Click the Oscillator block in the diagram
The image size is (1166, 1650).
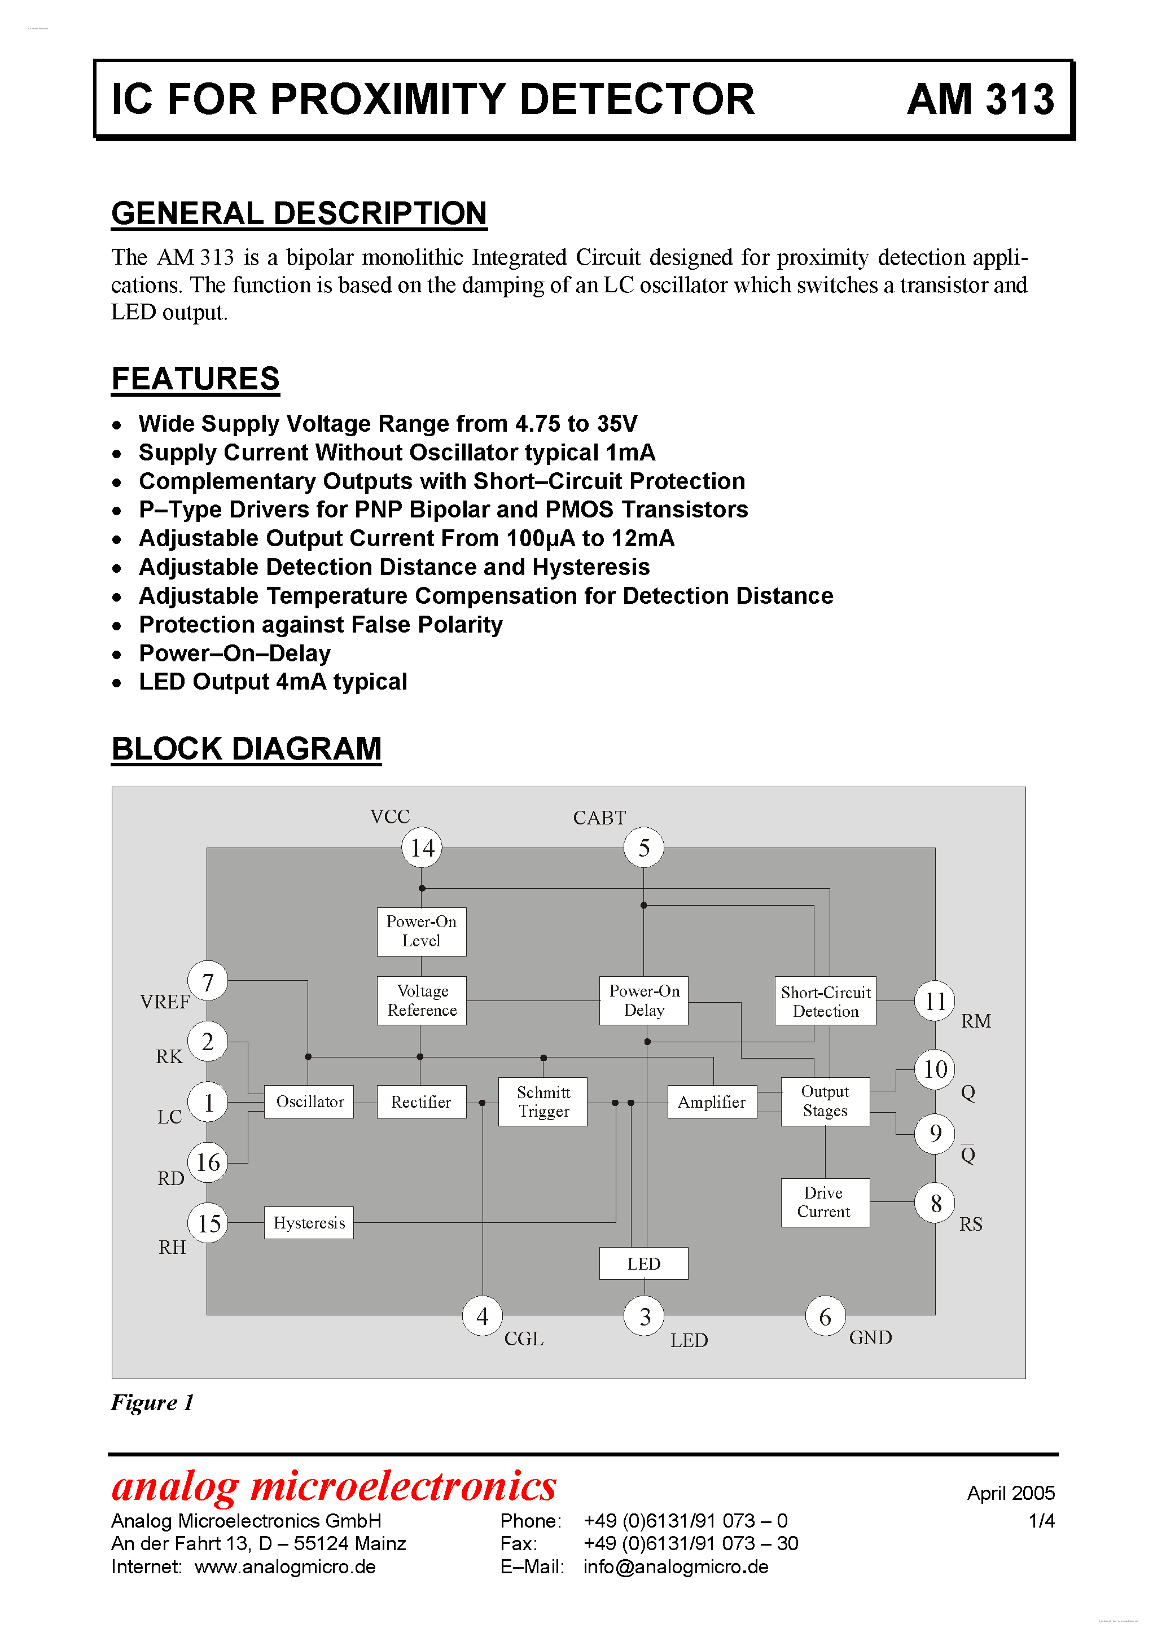pyautogui.click(x=309, y=1102)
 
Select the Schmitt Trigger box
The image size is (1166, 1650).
pyautogui.click(x=543, y=1102)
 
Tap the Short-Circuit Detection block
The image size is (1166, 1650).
pyautogui.click(x=825, y=1001)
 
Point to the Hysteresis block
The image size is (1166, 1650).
pyautogui.click(x=309, y=1222)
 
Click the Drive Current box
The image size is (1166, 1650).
pyautogui.click(x=825, y=1203)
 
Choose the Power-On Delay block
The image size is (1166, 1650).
pyautogui.click(x=643, y=1000)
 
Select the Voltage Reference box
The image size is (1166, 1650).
pyautogui.click(x=422, y=1000)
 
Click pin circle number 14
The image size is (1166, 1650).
pyautogui.click(x=422, y=848)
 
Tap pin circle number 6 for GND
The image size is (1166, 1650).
pyautogui.click(x=825, y=1317)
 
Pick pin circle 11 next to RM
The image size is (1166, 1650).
pyautogui.click(x=935, y=1001)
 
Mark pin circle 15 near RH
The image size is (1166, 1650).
pyautogui.click(x=208, y=1223)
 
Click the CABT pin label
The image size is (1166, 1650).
pyautogui.click(x=599, y=818)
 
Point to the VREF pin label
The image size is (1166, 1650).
pyautogui.click(x=165, y=1002)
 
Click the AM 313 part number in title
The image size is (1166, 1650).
pyautogui.click(x=980, y=99)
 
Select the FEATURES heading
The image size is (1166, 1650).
pyautogui.click(x=195, y=379)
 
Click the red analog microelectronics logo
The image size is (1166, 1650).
pyautogui.click(x=334, y=1487)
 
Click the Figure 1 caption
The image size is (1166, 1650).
pyautogui.click(x=152, y=1402)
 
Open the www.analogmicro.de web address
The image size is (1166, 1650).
pyautogui.click(x=286, y=1566)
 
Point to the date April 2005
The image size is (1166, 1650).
pyautogui.click(x=1011, y=1493)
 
